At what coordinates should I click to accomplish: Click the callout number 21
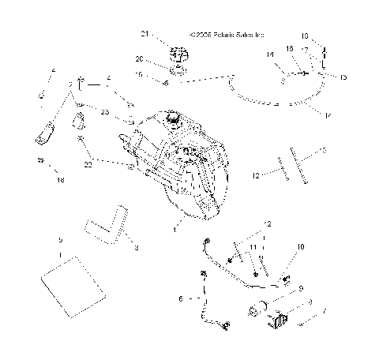144,34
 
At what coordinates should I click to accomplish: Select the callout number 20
140,59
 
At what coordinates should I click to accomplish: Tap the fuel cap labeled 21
177,56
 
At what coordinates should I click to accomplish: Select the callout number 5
59,239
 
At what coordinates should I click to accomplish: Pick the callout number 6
181,299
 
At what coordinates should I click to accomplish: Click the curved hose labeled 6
207,300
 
